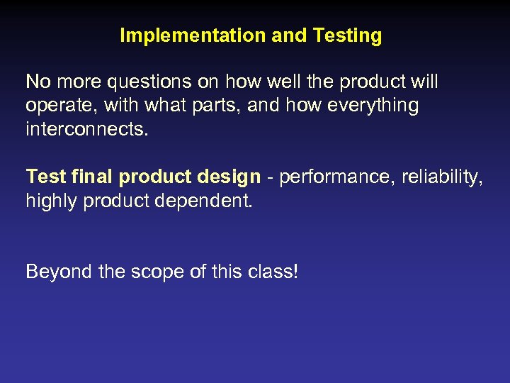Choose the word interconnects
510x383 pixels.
tap(87, 131)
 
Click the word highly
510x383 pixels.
tap(52, 201)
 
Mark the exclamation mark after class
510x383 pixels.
tap(295, 272)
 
